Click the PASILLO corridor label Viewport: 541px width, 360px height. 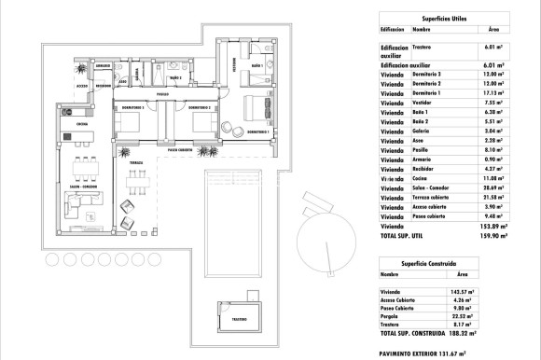click(x=162, y=93)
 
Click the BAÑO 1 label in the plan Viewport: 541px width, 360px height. click(x=257, y=69)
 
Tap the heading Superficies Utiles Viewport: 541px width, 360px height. click(x=430, y=17)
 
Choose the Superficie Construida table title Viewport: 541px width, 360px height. click(x=430, y=263)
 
